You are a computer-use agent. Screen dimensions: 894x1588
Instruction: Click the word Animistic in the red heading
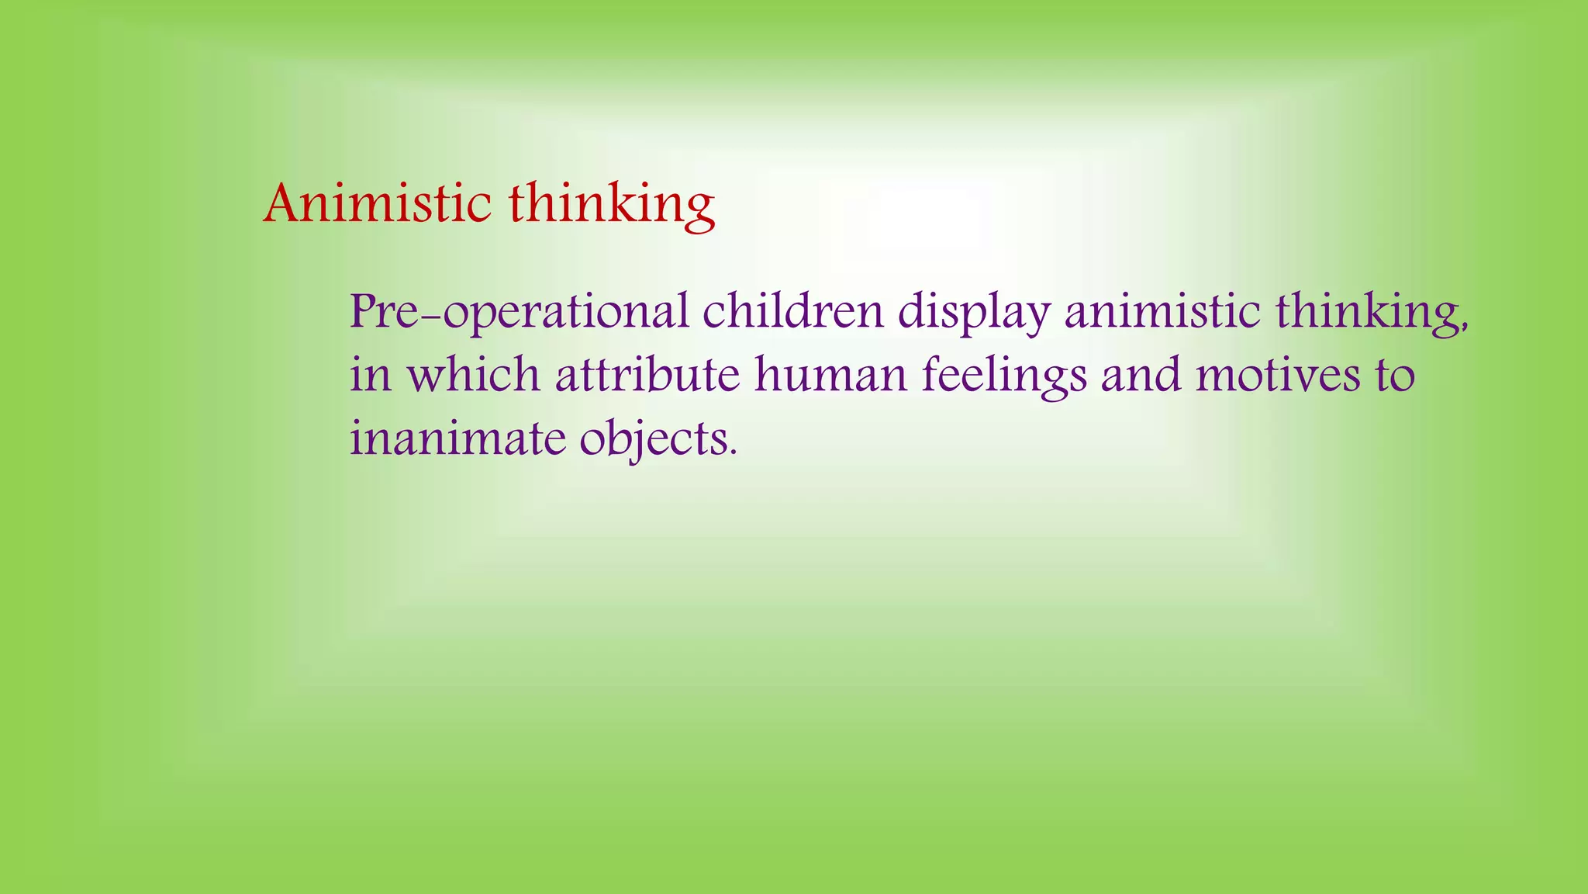(377, 203)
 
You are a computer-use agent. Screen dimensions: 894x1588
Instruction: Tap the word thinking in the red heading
(612, 205)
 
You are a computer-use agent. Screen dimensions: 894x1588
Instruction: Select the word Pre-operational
(519, 312)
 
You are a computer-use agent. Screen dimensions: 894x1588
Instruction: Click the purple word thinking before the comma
(1367, 312)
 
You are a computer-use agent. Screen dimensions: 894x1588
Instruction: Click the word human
(830, 375)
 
